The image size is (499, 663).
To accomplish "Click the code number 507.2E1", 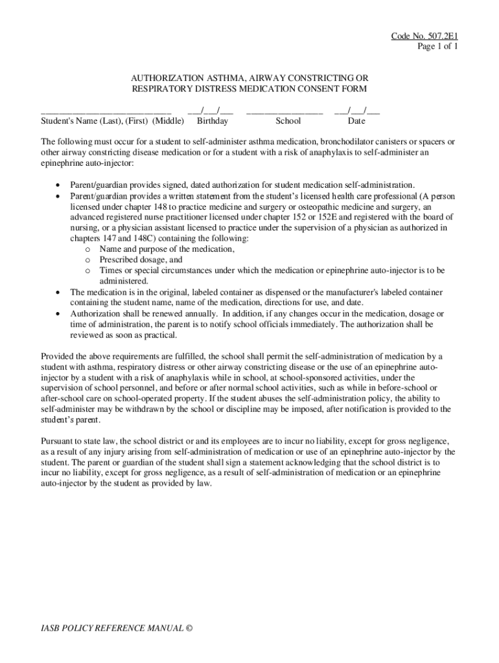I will (x=441, y=36).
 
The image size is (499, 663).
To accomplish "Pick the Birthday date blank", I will (x=209, y=111).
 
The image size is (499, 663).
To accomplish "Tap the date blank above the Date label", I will (x=356, y=111).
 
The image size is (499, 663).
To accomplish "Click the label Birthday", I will (x=213, y=121).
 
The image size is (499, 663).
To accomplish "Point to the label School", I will (x=288, y=121).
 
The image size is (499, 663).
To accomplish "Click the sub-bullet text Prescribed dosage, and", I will (x=141, y=260).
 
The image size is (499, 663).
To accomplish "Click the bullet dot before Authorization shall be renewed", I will (x=59, y=314).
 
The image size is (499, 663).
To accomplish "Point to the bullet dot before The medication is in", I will (x=59, y=292).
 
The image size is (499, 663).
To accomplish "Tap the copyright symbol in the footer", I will (x=189, y=629).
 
